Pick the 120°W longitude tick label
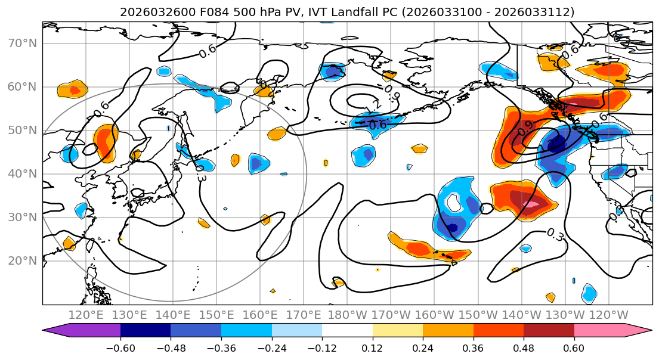pyautogui.click(x=608, y=315)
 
